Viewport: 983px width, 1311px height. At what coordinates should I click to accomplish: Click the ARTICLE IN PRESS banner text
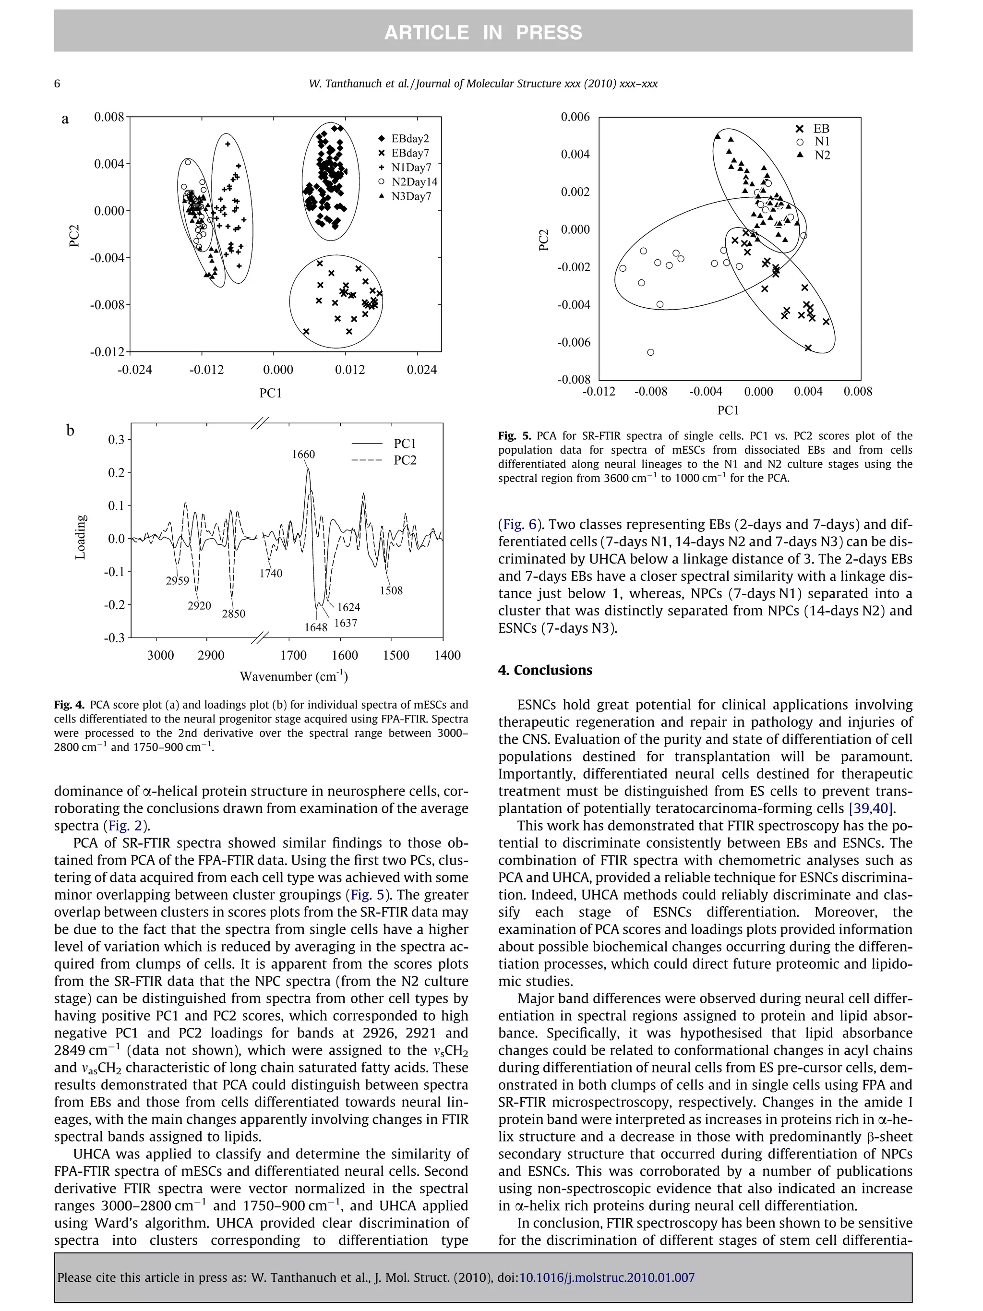point(483,32)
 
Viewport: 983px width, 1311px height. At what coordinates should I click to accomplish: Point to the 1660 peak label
point(303,454)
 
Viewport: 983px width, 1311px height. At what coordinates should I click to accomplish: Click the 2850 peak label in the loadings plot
point(233,614)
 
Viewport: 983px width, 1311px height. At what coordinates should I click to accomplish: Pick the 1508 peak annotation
point(391,590)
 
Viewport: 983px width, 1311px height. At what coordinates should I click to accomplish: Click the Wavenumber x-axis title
point(293,676)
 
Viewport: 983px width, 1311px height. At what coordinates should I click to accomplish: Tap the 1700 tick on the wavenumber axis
point(293,656)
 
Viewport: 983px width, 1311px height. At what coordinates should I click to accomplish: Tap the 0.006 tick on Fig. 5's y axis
point(575,117)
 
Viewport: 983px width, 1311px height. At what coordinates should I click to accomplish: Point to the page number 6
point(57,84)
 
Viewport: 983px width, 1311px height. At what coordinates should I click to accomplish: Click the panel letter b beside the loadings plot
point(70,430)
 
